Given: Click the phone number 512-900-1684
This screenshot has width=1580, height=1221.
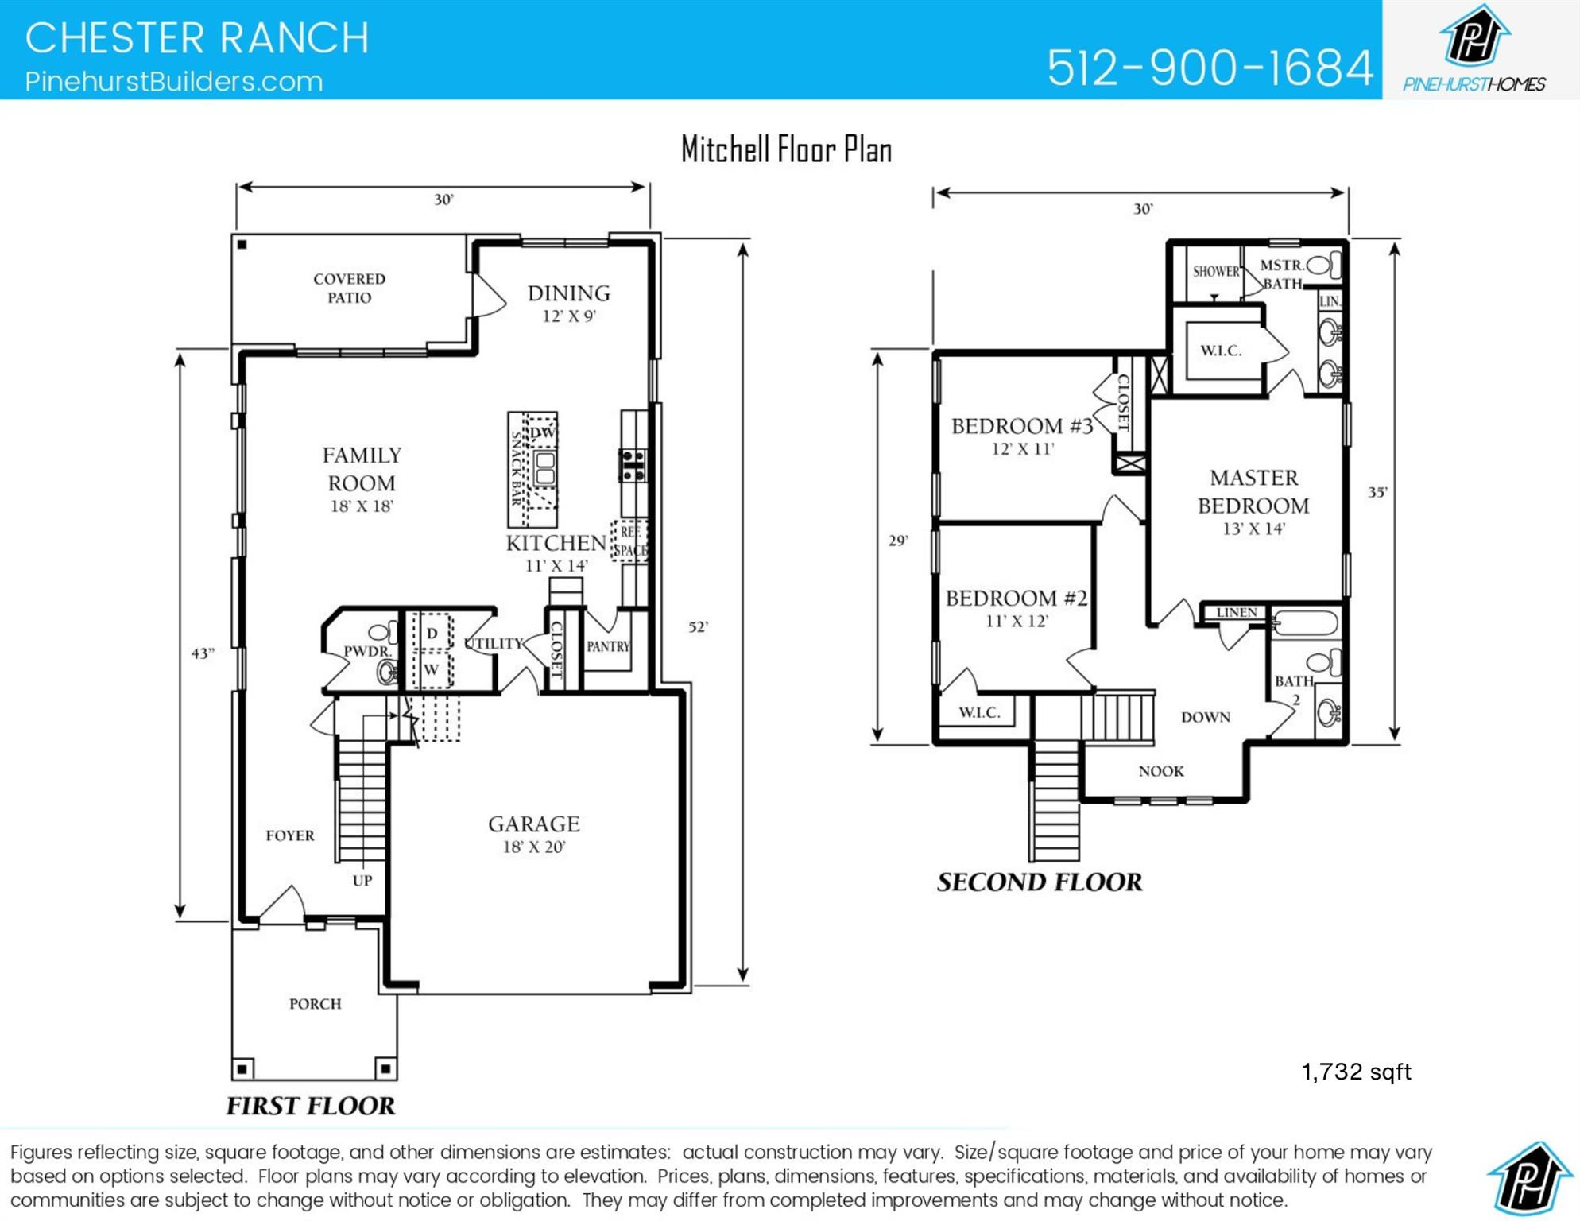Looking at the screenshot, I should click(x=1209, y=68).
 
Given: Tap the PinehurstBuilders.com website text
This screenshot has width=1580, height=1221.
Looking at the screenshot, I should click(x=173, y=82).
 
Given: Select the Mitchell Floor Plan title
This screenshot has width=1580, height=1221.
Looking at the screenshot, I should click(x=786, y=149).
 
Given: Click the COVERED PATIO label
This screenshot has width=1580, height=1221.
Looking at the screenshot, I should click(x=349, y=288).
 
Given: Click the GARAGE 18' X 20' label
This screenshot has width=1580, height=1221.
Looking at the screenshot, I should click(x=533, y=833).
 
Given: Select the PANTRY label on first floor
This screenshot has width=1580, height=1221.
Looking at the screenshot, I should click(x=608, y=646).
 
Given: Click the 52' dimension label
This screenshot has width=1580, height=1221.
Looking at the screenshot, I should click(x=698, y=626).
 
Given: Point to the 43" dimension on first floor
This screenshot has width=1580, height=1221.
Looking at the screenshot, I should click(x=203, y=653).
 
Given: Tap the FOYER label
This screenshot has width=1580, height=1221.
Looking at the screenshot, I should click(x=289, y=835).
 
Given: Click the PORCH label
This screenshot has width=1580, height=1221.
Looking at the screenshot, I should click(x=315, y=1004).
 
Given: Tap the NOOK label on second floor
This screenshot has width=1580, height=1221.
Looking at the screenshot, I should click(x=1160, y=771).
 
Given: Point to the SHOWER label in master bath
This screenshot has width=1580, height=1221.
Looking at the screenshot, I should click(x=1215, y=271).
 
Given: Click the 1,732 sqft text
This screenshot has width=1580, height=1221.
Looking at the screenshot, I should click(x=1356, y=1072).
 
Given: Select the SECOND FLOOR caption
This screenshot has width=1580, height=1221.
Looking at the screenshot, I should click(x=1039, y=882).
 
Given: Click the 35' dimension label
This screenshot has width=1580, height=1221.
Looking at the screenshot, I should click(x=1377, y=492).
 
